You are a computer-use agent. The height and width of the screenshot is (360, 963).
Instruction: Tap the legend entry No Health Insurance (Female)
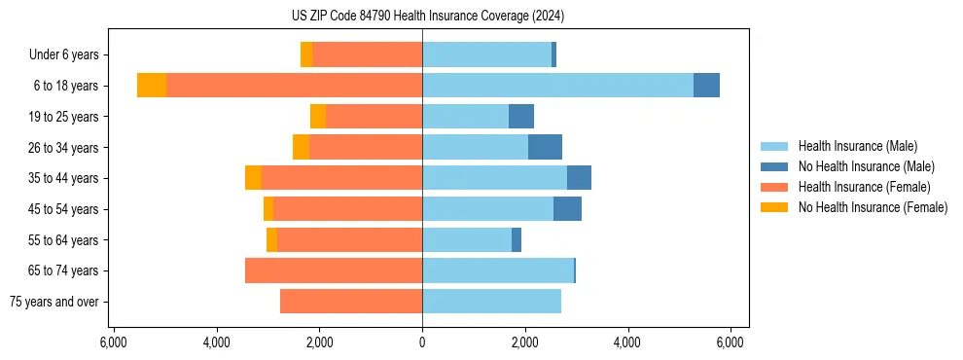[x=873, y=207]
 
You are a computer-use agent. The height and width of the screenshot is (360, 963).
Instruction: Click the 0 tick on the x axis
[x=422, y=342]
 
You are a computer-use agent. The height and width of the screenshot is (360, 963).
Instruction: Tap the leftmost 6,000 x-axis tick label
[x=113, y=342]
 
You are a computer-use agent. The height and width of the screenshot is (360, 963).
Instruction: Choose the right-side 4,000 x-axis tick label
[x=627, y=342]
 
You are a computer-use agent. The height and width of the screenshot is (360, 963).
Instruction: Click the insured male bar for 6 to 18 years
[x=557, y=86]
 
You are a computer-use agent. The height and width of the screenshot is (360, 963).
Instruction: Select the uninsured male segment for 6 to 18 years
[x=706, y=86]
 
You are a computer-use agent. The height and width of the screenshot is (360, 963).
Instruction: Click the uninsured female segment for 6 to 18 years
[x=152, y=86]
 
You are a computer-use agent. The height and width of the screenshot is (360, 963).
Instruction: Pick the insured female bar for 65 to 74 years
[x=334, y=270]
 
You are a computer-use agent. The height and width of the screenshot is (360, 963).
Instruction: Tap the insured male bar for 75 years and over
[x=491, y=302]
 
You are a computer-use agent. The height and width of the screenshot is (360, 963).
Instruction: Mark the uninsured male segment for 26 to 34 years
[x=545, y=147]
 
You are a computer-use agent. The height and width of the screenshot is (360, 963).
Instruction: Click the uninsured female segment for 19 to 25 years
[x=318, y=117]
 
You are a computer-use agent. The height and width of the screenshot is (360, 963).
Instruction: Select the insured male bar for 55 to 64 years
[x=467, y=239]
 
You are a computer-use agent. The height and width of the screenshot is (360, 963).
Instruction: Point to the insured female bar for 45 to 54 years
[x=348, y=209]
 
